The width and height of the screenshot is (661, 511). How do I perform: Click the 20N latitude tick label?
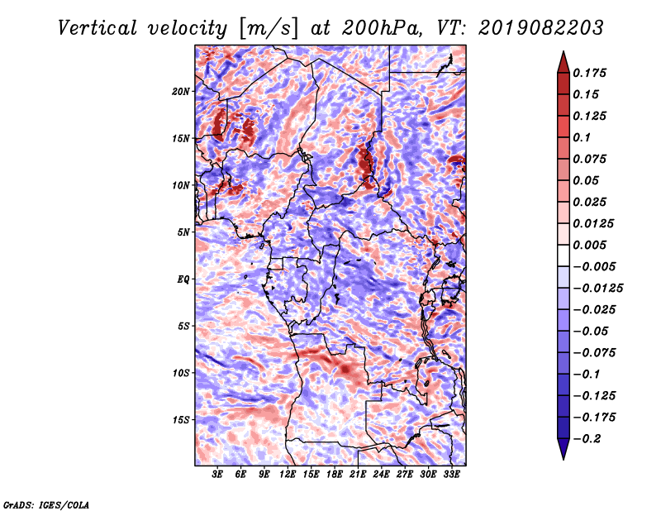tap(181, 92)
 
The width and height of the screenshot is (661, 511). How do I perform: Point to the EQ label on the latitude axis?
tap(183, 279)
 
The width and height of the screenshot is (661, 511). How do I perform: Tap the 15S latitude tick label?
tap(181, 420)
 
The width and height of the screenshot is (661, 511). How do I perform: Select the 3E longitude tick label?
tap(217, 475)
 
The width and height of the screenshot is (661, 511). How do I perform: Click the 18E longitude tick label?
tap(335, 475)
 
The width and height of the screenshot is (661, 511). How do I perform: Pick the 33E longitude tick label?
tap(451, 475)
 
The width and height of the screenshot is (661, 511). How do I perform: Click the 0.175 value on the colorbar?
tap(589, 73)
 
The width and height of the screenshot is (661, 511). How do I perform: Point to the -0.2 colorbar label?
tap(587, 439)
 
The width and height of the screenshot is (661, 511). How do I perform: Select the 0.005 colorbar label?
tap(589, 245)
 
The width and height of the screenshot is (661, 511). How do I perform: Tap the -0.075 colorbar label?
tap(594, 353)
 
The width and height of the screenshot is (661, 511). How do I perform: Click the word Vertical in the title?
tap(97, 28)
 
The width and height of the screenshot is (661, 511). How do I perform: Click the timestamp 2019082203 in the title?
tap(541, 28)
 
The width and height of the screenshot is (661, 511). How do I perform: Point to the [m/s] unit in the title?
tap(269, 29)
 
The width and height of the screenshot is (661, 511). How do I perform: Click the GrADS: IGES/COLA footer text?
tap(46, 505)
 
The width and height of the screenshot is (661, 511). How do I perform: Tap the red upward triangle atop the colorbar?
tap(564, 64)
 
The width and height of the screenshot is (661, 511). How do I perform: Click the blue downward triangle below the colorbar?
tap(564, 447)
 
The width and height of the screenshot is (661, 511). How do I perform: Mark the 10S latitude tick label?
tap(181, 373)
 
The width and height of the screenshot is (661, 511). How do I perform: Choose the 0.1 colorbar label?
tap(582, 137)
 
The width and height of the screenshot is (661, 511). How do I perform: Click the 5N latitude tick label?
tap(183, 232)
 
